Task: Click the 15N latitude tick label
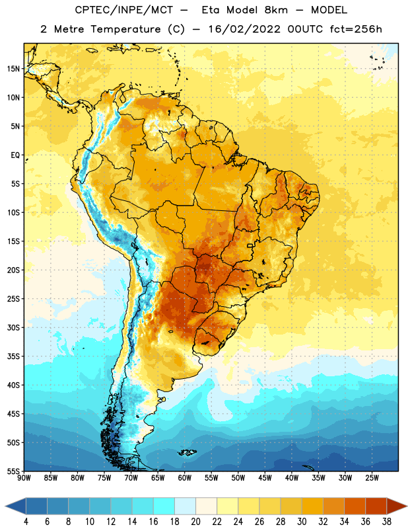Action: [13, 69]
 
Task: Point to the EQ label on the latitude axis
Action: [15, 155]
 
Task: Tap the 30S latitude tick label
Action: [13, 327]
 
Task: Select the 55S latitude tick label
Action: [13, 471]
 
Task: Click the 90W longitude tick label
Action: [24, 478]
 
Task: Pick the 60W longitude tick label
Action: [185, 478]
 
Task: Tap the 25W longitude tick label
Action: [372, 478]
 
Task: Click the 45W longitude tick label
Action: [265, 478]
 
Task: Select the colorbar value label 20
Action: [195, 522]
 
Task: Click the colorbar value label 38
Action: [387, 522]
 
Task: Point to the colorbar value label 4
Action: [26, 522]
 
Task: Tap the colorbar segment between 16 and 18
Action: [164, 506]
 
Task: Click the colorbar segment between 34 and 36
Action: [355, 506]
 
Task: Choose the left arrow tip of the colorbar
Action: [5, 506]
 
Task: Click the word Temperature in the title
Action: [125, 29]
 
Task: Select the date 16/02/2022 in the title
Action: [244, 29]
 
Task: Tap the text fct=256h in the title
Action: [356, 29]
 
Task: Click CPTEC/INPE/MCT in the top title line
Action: [123, 10]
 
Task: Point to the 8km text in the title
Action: [276, 10]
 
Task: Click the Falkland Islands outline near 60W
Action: [187, 452]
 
